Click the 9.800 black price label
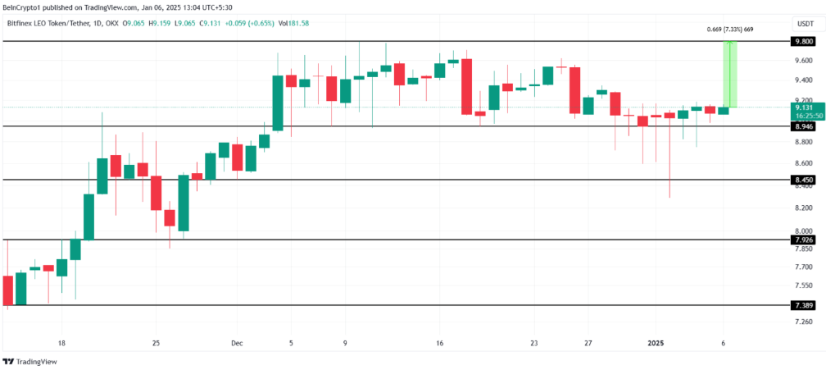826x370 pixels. click(x=803, y=41)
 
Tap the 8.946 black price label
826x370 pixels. click(x=803, y=126)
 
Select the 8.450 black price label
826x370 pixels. click(x=803, y=180)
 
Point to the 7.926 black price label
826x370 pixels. click(x=803, y=240)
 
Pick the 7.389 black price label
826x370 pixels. click(x=803, y=305)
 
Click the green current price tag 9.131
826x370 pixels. click(x=803, y=107)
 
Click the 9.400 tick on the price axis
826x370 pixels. click(x=803, y=80)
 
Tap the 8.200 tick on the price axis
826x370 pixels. click(x=803, y=208)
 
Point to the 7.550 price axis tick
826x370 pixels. click(x=803, y=285)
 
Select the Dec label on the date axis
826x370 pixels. click(x=237, y=342)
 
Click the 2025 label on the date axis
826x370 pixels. click(x=656, y=342)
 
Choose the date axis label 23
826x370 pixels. click(x=533, y=342)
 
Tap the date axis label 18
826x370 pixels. click(x=61, y=342)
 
